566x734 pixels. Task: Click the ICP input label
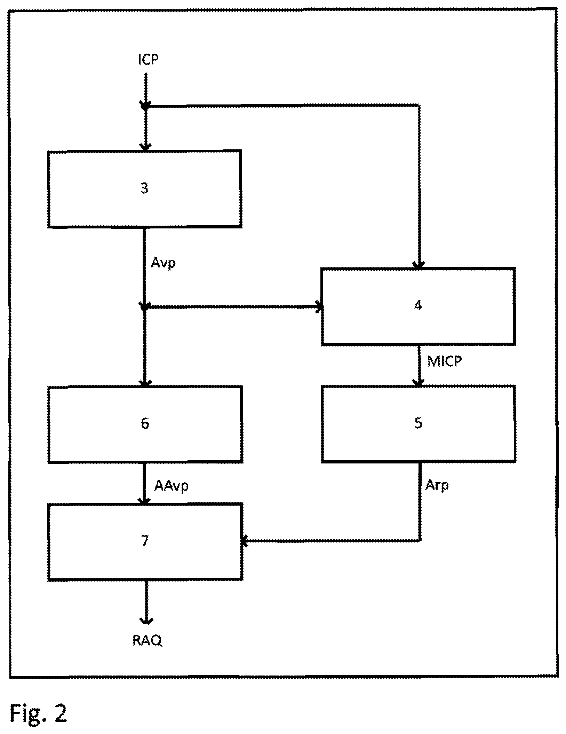click(x=148, y=60)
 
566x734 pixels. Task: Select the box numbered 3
click(x=145, y=189)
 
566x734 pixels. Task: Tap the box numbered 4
click(x=418, y=306)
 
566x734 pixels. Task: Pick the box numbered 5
click(x=418, y=423)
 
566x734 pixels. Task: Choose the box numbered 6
click(x=145, y=424)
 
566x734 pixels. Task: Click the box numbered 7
click(x=145, y=541)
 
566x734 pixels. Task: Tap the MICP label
click(x=445, y=362)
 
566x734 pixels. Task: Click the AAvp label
click(x=171, y=485)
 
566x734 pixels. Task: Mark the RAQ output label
click(x=148, y=640)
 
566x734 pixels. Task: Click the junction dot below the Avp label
click(x=144, y=307)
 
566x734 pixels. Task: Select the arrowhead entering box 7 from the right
click(x=245, y=541)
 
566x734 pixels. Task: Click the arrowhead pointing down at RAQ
click(x=146, y=620)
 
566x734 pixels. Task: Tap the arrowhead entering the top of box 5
click(x=418, y=382)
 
